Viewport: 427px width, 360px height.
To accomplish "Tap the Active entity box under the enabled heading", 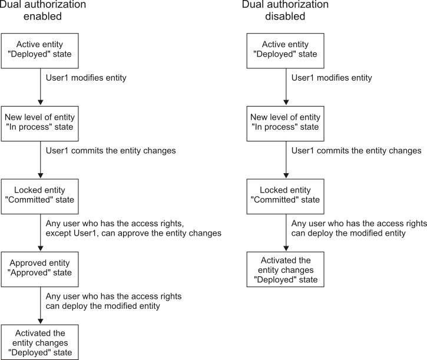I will (x=40, y=50).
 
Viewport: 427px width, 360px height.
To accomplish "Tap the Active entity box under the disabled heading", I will (x=286, y=50).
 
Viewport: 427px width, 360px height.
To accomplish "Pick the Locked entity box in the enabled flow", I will (x=40, y=195).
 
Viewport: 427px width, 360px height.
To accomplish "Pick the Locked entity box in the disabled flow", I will (x=286, y=195).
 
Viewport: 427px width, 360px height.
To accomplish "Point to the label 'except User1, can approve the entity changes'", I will (x=133, y=233).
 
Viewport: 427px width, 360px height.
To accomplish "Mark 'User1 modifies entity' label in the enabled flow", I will (x=86, y=78).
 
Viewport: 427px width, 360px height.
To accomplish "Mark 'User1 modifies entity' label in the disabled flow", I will (x=332, y=78).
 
